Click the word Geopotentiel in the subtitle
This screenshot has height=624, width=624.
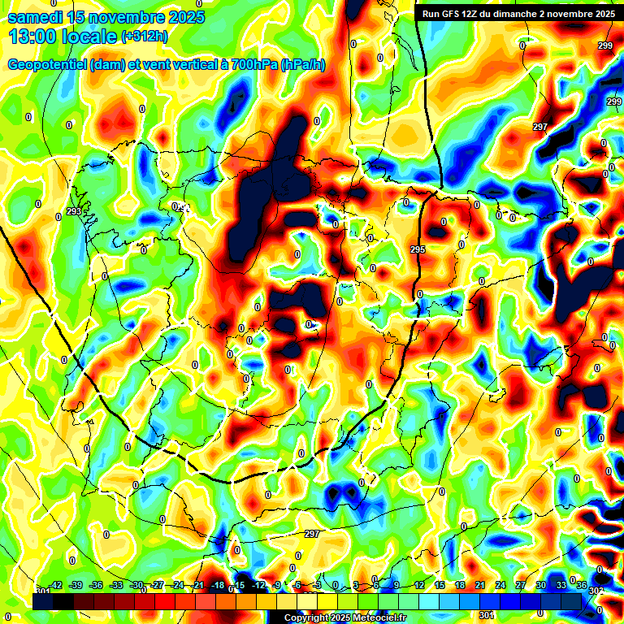(x=48, y=65)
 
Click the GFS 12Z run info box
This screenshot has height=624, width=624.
(x=518, y=14)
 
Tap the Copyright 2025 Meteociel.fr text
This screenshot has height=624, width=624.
(x=345, y=618)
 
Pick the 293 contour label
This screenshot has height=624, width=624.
(x=74, y=211)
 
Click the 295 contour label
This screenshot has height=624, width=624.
(x=418, y=249)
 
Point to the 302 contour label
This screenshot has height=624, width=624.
(x=596, y=591)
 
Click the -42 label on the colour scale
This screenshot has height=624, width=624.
(x=56, y=585)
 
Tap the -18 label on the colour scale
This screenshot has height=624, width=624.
(x=218, y=585)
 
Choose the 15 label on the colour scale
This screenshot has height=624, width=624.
(x=439, y=585)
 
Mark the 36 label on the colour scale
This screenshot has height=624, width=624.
(x=582, y=585)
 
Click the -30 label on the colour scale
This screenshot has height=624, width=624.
(x=136, y=585)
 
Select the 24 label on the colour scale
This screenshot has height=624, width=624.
(x=500, y=585)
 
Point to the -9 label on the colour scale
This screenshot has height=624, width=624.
(x=277, y=585)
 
